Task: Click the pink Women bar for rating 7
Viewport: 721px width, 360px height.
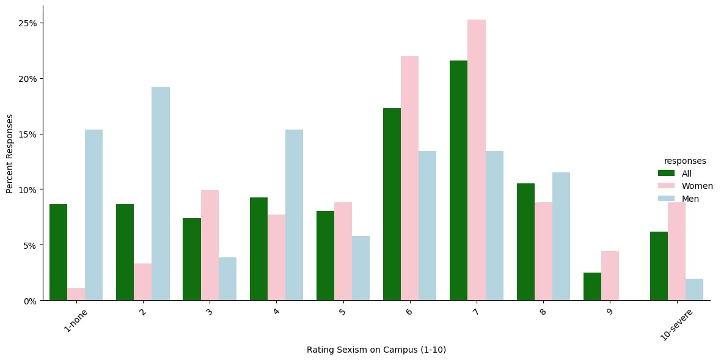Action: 477,160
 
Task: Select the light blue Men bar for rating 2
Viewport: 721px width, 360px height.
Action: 161,194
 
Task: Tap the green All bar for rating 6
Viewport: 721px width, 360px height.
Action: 392,204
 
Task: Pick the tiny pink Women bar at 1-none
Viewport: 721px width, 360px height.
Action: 76,294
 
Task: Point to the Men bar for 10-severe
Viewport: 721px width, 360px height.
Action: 694,290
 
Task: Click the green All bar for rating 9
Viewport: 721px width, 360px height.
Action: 592,287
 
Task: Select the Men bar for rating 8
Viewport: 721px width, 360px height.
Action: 561,237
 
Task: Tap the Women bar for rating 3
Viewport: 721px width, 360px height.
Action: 210,245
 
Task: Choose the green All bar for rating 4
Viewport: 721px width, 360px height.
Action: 258,249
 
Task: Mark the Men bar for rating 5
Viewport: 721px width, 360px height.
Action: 360,268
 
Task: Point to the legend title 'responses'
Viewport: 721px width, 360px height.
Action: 685,161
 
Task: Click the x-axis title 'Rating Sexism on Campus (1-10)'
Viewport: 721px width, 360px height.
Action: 376,350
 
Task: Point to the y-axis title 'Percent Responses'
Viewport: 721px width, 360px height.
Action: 10,153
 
